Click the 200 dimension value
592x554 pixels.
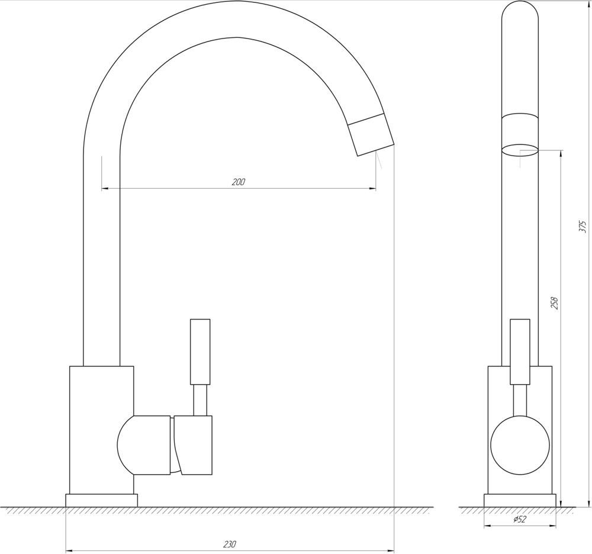[x=238, y=182]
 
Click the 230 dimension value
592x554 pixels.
[x=230, y=544]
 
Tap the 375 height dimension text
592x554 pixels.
[x=583, y=226]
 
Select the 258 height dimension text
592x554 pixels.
[x=555, y=304]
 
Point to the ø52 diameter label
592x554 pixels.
[x=520, y=519]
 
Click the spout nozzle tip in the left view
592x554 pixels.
[x=376, y=150]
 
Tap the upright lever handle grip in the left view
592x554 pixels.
[x=200, y=352]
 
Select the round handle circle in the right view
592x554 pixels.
[x=520, y=445]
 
